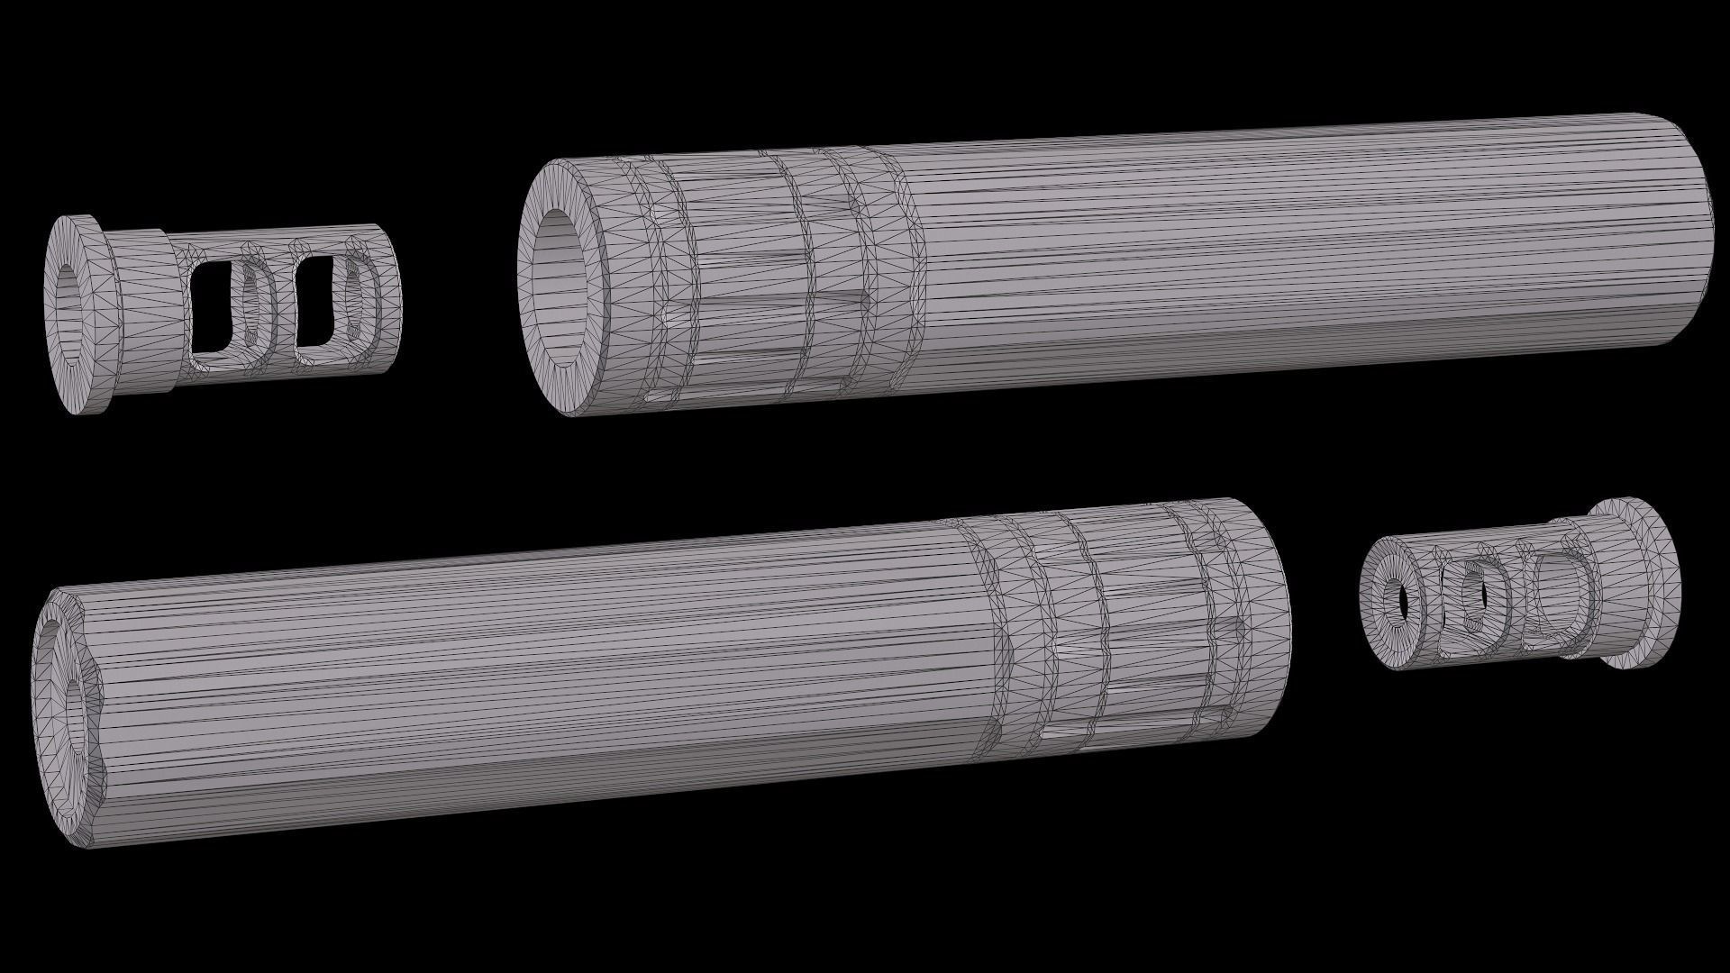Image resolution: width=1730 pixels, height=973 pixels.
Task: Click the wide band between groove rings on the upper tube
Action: pos(748,270)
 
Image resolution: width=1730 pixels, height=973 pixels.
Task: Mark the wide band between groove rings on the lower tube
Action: pos(1144,622)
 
